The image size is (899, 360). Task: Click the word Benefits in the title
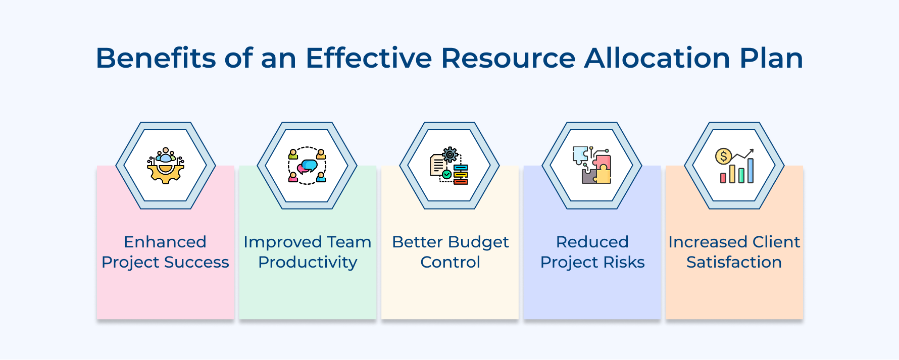pos(156,58)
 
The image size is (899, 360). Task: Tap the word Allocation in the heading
pos(657,58)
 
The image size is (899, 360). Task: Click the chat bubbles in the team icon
pos(307,166)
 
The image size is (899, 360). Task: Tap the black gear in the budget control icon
pos(450,155)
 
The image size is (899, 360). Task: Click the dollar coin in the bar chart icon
pos(723,156)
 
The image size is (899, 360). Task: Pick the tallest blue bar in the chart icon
pos(751,170)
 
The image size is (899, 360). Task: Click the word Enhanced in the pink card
pos(165,242)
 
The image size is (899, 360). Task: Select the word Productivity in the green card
pos(308,262)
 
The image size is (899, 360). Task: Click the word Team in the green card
pos(349,242)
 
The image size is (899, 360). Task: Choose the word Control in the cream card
pos(450,262)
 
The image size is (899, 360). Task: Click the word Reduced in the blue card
pos(592,242)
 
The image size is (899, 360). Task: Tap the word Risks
pos(624,262)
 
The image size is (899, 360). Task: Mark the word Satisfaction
pos(734,262)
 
